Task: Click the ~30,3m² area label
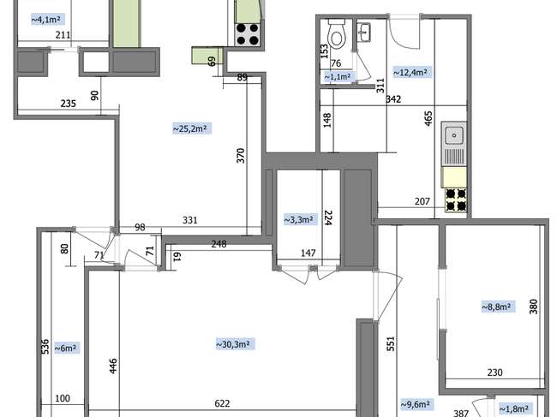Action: point(235,344)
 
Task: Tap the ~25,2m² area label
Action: point(192,128)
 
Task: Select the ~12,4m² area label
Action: point(411,73)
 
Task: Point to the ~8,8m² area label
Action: point(498,307)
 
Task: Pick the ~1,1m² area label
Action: point(338,77)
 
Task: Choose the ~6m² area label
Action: point(66,348)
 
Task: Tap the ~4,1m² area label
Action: point(47,20)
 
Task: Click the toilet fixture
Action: point(337,33)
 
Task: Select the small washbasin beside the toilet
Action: point(363,33)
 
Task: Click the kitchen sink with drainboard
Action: point(453,145)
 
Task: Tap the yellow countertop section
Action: point(453,177)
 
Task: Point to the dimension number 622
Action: point(222,403)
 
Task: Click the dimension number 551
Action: point(391,343)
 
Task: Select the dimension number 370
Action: point(241,156)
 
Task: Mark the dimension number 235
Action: point(69,104)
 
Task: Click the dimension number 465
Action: point(428,118)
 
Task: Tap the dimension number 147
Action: point(308,253)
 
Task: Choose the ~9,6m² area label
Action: point(416,404)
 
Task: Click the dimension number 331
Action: point(190,220)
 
